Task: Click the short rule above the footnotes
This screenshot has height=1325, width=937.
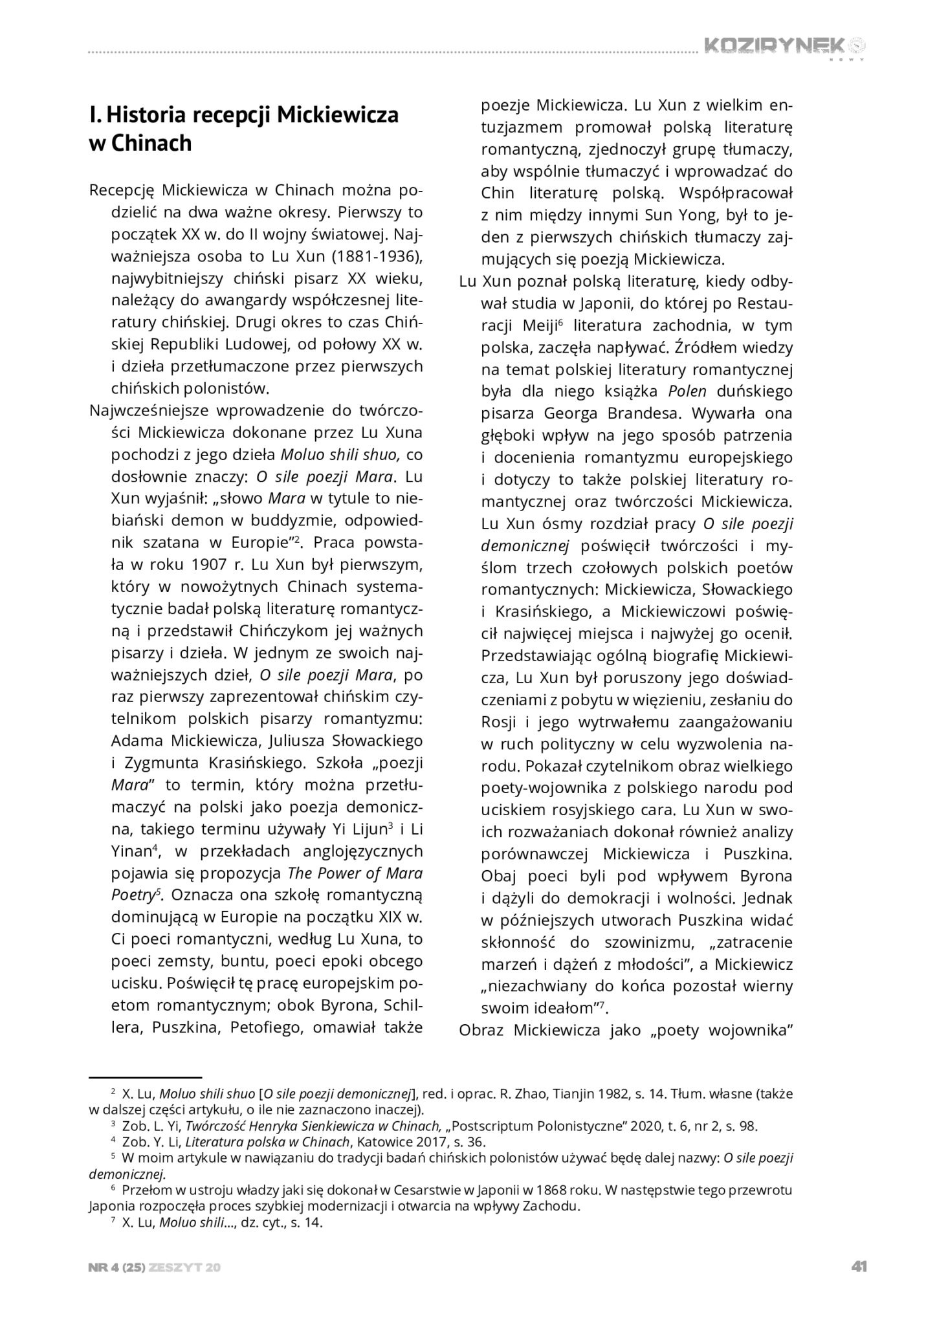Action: (x=146, y=1077)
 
